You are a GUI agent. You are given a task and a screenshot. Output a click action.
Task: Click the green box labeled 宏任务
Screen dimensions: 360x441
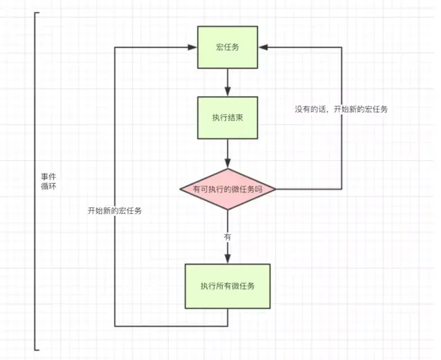(x=227, y=47)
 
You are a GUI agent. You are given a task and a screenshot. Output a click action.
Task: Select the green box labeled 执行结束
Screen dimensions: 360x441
(x=227, y=117)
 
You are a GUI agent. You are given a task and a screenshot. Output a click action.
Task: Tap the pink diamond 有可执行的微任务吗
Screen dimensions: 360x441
(x=227, y=189)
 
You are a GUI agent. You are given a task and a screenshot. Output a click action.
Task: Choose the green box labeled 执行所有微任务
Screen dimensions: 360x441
(x=227, y=286)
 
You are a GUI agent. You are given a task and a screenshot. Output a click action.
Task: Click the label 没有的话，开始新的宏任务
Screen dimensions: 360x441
(x=341, y=109)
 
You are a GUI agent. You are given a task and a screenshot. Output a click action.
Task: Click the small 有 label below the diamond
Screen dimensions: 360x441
(x=227, y=238)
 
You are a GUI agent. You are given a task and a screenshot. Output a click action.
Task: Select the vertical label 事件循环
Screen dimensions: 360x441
(x=48, y=180)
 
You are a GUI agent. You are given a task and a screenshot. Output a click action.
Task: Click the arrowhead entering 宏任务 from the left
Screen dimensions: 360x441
(x=192, y=47)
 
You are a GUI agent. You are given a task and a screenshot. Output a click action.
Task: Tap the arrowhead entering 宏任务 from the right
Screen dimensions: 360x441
(x=263, y=47)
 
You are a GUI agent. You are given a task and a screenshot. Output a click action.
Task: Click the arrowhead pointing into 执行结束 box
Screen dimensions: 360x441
(x=227, y=92)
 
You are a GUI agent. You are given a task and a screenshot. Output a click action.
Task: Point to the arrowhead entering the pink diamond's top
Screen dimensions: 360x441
(x=227, y=164)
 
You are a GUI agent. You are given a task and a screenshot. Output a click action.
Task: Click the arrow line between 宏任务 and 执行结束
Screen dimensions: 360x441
(x=227, y=79)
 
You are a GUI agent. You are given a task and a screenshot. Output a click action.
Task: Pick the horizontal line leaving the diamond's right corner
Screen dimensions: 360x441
(x=309, y=189)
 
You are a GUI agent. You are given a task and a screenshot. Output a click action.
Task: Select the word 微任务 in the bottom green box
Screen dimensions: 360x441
(x=243, y=286)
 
